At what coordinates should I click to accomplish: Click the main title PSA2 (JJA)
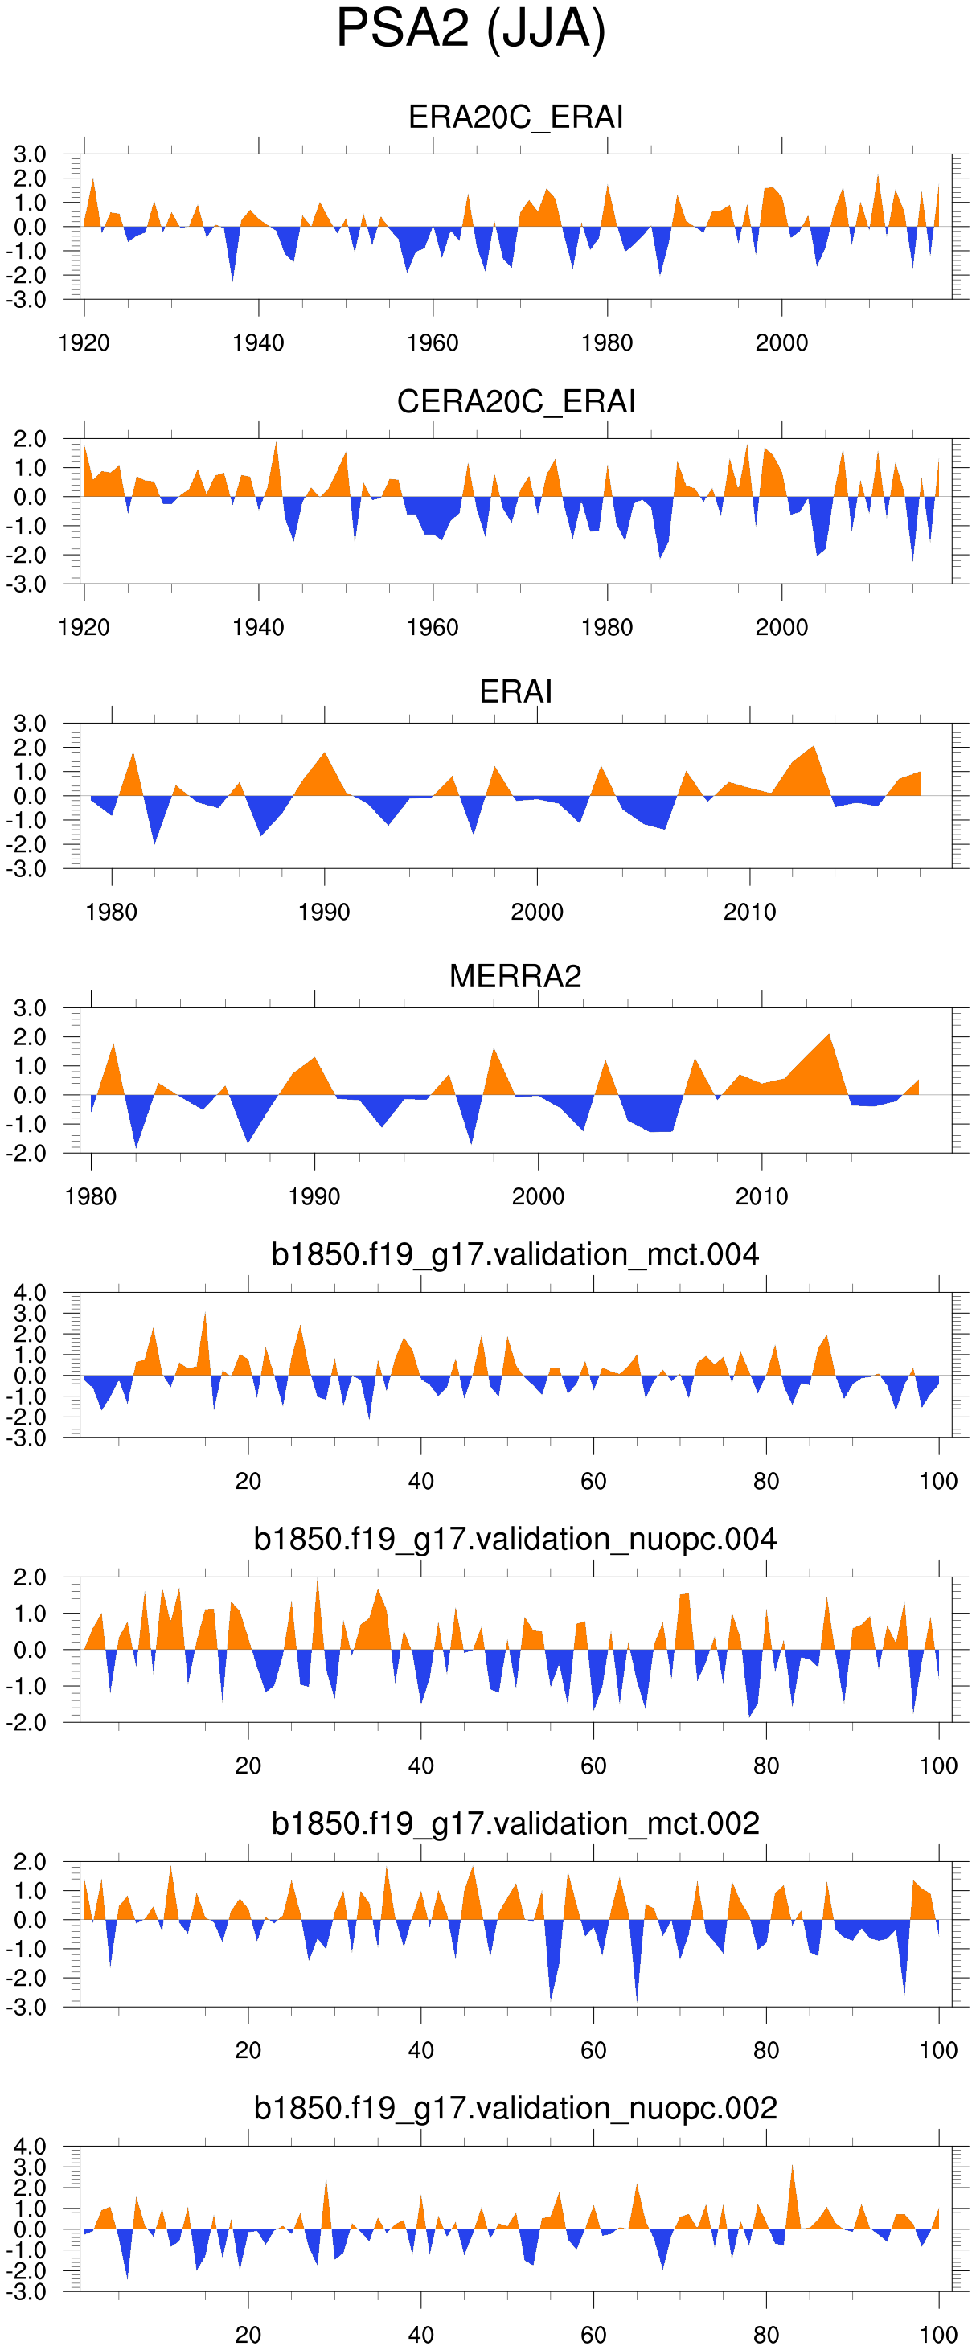[470, 29]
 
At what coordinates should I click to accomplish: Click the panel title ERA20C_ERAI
[515, 117]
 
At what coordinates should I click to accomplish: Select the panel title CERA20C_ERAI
[515, 402]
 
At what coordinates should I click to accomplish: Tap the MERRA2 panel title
[515, 977]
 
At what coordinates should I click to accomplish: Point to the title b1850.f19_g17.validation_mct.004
[515, 1255]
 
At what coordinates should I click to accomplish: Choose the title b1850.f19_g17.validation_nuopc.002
[515, 2108]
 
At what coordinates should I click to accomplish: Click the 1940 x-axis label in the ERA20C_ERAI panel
[258, 343]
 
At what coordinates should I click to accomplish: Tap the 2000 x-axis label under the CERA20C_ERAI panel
[781, 628]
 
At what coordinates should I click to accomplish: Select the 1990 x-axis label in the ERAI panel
[324, 913]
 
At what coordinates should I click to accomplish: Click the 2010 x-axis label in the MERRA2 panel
[761, 1197]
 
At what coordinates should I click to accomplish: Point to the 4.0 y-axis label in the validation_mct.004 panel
[30, 1293]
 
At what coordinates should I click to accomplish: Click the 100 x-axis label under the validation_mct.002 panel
[938, 2050]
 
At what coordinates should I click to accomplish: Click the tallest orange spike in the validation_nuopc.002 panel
[792, 2167]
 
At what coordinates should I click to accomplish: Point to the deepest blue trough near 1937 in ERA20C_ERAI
[232, 277]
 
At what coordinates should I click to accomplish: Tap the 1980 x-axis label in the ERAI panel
[111, 913]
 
